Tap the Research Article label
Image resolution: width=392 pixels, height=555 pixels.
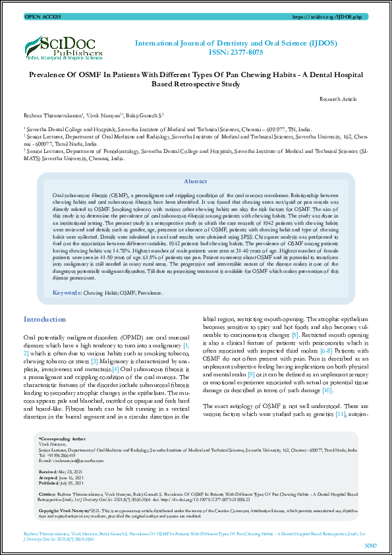coord(338,99)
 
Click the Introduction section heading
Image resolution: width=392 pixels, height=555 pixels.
coord(45,319)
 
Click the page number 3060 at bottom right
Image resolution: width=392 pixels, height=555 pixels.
coord(370,545)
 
